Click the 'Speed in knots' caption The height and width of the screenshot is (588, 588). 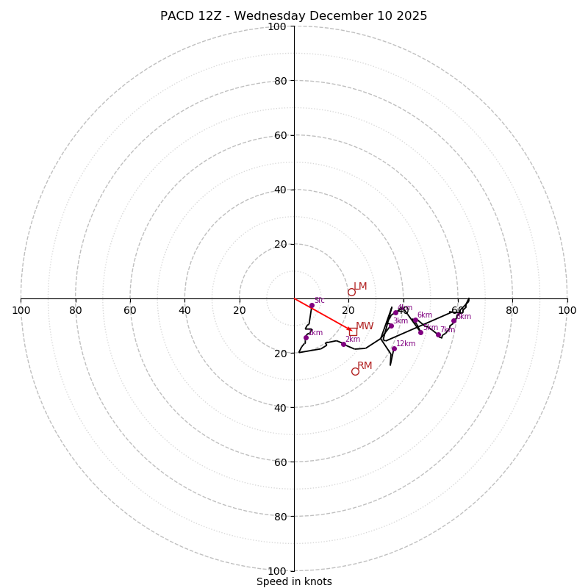coord(294,581)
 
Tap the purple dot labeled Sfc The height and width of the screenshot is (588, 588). coord(312,305)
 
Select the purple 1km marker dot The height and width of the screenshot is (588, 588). coord(306,338)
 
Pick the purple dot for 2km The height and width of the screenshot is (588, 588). coord(343,344)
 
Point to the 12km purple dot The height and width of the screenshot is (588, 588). coord(394,348)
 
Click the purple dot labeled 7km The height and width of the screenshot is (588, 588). coord(438,334)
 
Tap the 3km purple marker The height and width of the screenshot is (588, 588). coord(391,326)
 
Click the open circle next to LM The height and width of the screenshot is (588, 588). coord(351,292)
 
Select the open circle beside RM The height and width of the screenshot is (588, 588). coord(355,371)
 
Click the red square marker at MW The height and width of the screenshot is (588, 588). coord(353,331)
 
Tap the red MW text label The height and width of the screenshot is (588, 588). coord(365,326)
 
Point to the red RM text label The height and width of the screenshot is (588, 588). coord(365,366)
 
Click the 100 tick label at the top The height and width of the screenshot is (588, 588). coord(277,26)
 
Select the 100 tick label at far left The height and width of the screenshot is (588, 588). coord(21,310)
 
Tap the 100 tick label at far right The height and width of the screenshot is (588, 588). coord(567,310)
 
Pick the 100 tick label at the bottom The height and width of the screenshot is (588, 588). coord(277,571)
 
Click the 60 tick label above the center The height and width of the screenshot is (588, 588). coord(280,135)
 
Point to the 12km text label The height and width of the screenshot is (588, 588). coord(406,343)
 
